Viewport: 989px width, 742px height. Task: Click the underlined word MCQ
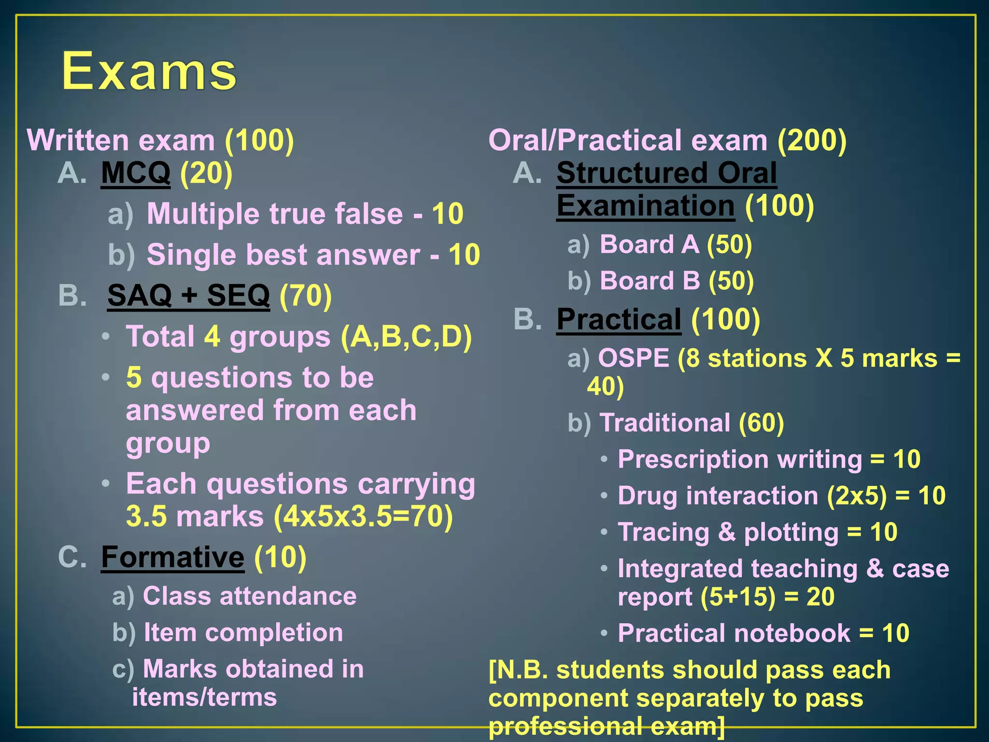(x=136, y=173)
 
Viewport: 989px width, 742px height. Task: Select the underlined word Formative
(x=173, y=557)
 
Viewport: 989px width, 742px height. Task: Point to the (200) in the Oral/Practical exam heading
(x=812, y=141)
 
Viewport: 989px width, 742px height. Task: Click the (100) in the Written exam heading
(x=259, y=141)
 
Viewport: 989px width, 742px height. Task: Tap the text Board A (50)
(x=676, y=244)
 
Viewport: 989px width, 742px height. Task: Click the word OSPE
(x=634, y=358)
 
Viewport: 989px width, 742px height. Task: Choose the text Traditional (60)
(x=692, y=423)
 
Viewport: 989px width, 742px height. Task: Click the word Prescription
(x=693, y=459)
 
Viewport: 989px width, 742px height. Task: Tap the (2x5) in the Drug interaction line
(x=857, y=496)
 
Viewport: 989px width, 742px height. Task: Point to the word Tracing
(x=664, y=532)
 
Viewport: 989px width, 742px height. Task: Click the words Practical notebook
(x=734, y=633)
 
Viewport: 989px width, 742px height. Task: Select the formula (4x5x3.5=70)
(x=363, y=516)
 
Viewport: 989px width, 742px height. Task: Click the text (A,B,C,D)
(x=406, y=337)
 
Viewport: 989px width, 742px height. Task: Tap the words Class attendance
(x=250, y=596)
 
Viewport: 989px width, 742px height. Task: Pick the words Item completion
(x=243, y=632)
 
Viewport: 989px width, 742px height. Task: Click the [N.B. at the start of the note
(x=518, y=671)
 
